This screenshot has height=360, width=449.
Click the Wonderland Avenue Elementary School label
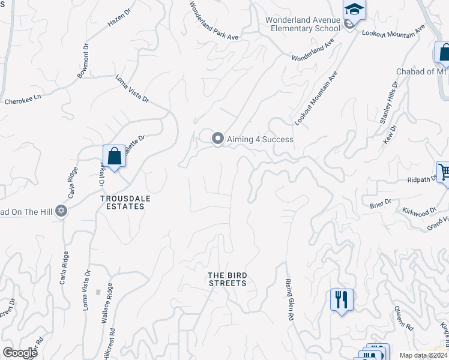click(303, 24)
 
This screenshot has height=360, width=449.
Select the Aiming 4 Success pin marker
click(218, 139)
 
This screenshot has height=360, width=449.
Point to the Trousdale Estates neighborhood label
click(122, 202)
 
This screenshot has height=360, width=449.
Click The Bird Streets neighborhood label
click(227, 279)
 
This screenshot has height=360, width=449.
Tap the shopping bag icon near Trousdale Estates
click(114, 157)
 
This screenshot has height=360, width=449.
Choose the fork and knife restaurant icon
click(342, 299)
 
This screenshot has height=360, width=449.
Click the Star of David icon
click(61, 211)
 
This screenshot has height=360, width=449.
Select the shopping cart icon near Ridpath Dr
click(444, 173)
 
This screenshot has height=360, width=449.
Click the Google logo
click(19, 353)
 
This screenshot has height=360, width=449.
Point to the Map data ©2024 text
click(423, 355)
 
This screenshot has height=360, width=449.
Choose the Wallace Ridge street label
click(107, 302)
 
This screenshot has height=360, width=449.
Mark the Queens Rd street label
click(403, 319)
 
